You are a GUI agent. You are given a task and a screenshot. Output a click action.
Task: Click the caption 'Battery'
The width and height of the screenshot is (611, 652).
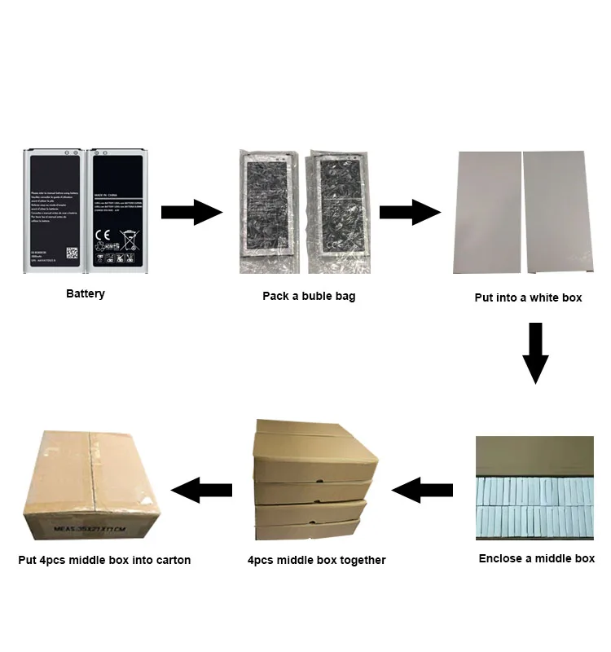[86, 293]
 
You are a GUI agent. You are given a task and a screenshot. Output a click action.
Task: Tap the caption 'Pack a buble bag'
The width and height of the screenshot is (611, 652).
[309, 296]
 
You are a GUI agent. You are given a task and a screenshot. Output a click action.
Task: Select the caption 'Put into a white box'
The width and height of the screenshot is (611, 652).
[528, 297]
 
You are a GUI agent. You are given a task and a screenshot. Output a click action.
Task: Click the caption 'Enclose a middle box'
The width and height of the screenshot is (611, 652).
[536, 558]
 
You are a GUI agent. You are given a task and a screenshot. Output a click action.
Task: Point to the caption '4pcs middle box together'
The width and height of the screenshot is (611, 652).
[316, 560]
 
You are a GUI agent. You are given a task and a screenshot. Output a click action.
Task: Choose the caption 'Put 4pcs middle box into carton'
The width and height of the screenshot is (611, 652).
[104, 560]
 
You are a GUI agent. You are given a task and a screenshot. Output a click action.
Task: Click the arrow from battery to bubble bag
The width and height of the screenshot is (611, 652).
[191, 213]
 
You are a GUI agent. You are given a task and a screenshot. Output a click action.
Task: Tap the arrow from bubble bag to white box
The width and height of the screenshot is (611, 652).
[410, 213]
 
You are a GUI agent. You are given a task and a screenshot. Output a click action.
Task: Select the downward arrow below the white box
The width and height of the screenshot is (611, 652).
[535, 352]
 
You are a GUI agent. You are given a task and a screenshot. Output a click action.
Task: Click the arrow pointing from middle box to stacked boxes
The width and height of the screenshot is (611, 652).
[422, 490]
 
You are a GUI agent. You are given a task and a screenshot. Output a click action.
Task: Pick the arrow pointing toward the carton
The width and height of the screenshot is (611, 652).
[202, 490]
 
